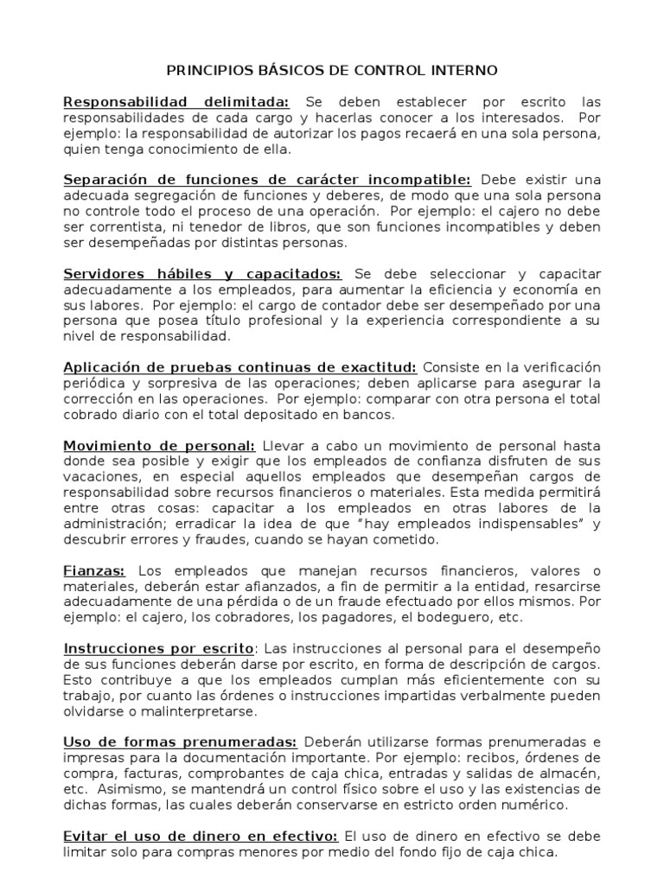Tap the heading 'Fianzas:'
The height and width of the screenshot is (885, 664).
[95, 571]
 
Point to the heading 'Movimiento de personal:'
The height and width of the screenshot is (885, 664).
[159, 446]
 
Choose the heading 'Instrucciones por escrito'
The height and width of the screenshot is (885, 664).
[158, 648]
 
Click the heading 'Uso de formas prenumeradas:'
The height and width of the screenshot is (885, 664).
[181, 742]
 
